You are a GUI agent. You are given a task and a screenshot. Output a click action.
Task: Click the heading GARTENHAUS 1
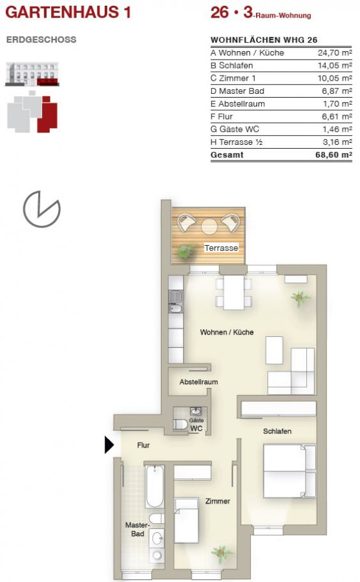point(68,12)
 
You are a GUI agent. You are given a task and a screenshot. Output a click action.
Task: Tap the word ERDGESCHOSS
point(41,39)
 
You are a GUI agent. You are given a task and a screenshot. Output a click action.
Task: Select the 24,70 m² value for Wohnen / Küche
point(335,53)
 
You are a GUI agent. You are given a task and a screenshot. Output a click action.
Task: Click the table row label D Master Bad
point(237,91)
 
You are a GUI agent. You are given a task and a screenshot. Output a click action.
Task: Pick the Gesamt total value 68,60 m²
point(334,155)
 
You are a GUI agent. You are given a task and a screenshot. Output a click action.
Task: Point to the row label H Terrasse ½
point(237,142)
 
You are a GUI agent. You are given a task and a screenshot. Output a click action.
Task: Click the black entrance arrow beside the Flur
point(109,445)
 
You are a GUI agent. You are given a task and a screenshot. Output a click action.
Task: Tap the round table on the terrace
point(209,226)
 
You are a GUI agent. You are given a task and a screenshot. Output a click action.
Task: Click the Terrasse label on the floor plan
point(221,248)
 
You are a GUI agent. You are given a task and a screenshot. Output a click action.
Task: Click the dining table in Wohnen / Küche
point(234,292)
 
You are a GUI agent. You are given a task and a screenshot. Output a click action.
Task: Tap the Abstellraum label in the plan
point(198,382)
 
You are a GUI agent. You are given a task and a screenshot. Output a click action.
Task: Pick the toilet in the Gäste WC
point(181,424)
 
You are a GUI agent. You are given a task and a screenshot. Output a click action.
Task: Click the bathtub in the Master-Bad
point(154,486)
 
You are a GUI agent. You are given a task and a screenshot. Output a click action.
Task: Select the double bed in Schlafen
point(290,471)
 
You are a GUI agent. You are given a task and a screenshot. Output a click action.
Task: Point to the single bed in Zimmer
point(186,521)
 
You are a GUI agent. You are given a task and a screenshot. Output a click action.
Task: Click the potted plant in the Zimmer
point(222,554)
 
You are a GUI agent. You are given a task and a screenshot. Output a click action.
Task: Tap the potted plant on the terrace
point(184,252)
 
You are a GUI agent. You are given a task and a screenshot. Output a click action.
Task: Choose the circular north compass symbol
point(41,209)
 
